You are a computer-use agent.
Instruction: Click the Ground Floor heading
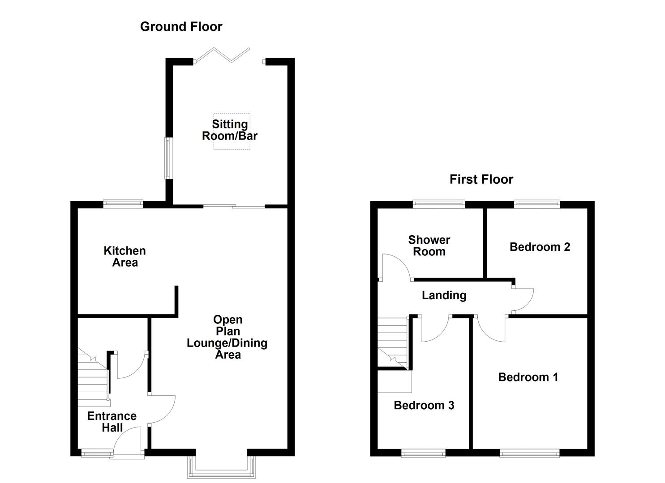(x=181, y=27)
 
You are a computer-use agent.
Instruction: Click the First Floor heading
(x=481, y=179)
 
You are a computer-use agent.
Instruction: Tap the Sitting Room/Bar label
(x=230, y=130)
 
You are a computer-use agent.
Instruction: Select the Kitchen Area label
(x=124, y=257)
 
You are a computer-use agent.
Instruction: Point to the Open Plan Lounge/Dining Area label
(x=227, y=337)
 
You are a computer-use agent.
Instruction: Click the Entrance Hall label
(x=112, y=422)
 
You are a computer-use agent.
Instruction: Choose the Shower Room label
(x=429, y=246)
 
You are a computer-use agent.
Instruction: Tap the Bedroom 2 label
(x=540, y=247)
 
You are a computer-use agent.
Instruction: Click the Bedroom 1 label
(x=528, y=377)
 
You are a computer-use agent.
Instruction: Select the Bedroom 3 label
(x=424, y=405)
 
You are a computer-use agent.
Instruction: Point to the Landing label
(x=444, y=295)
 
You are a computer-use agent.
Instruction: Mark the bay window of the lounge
(x=222, y=467)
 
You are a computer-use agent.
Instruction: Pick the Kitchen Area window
(x=123, y=204)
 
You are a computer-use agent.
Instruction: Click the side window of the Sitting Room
(x=168, y=157)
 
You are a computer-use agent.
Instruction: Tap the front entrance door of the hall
(x=128, y=443)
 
